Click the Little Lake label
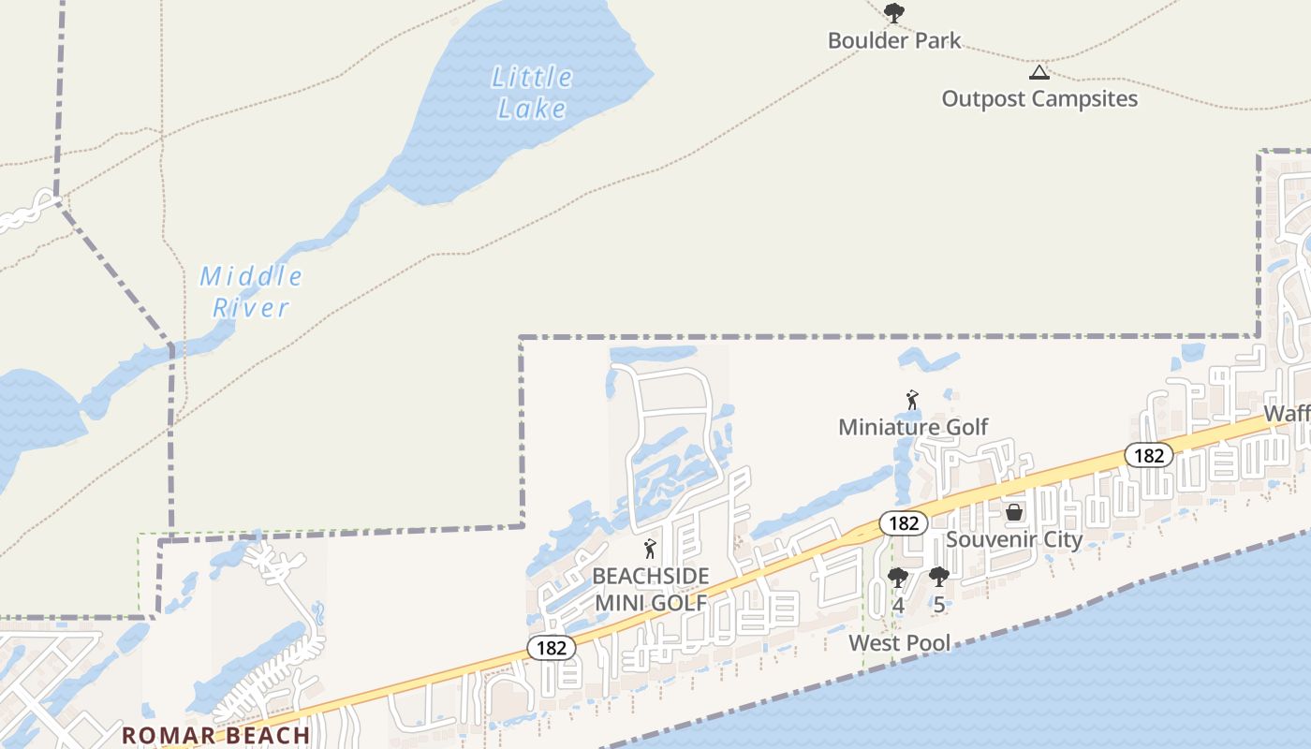point(532,93)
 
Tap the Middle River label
point(251,291)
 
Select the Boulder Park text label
point(894,40)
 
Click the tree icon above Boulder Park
point(894,13)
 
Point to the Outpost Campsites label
point(1039,98)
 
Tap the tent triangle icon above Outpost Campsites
point(1038,72)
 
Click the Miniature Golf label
point(913,427)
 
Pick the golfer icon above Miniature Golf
point(912,401)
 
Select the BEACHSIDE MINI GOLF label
point(651,589)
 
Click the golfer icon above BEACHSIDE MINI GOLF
point(650,549)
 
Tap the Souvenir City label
point(1014,539)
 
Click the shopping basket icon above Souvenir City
point(1013,512)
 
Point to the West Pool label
point(899,642)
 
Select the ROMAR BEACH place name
point(216,735)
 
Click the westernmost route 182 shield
point(551,647)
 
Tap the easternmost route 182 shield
point(1148,455)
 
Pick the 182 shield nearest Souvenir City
point(903,523)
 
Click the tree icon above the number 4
point(897,577)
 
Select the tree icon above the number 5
point(938,577)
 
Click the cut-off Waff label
point(1287,414)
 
